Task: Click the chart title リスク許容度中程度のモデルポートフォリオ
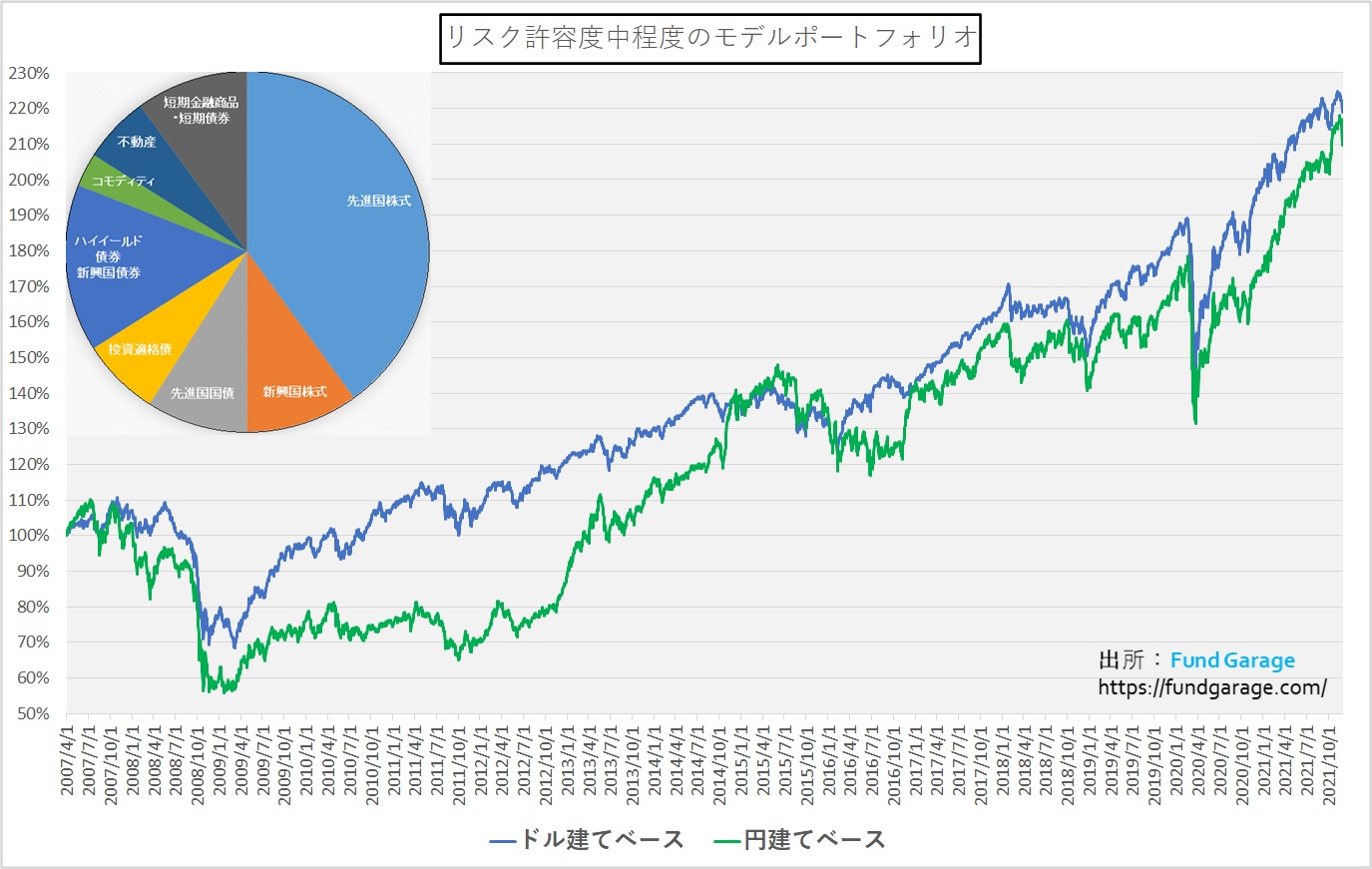pyautogui.click(x=709, y=38)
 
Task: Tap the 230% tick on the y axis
pyautogui.click(x=29, y=73)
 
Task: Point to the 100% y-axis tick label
pyautogui.click(x=29, y=536)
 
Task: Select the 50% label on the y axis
pyautogui.click(x=32, y=713)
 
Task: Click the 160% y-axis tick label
pyautogui.click(x=29, y=322)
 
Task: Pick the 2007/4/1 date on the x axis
pyautogui.click(x=67, y=759)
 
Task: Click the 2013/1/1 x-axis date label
pyautogui.click(x=568, y=759)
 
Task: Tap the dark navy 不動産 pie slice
pyautogui.click(x=140, y=145)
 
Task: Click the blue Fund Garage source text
pyautogui.click(x=1232, y=660)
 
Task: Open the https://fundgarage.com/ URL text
pyautogui.click(x=1212, y=687)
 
